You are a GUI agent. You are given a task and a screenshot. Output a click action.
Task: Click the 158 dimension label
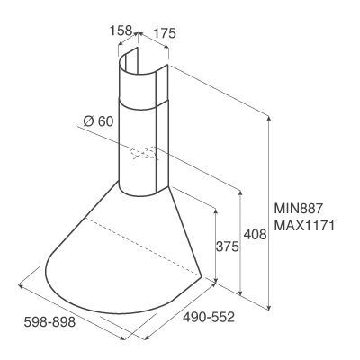121,31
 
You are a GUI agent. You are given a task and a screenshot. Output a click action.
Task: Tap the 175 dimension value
165,33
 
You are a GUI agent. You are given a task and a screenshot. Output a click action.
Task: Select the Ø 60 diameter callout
98,121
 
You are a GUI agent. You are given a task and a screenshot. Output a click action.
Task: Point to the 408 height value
255,234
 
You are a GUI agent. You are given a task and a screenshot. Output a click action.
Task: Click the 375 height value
227,247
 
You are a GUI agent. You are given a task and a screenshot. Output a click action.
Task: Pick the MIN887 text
298,208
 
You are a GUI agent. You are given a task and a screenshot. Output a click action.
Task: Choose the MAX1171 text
304,226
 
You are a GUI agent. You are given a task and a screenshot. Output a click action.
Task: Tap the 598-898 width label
49,322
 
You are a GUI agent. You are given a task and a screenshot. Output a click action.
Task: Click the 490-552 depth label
209,317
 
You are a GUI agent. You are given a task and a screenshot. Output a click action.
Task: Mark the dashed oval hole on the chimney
143,153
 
